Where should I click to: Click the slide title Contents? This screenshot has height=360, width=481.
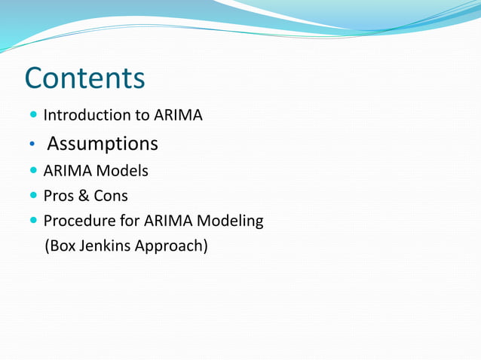[84, 78]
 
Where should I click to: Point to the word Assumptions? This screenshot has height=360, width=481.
[103, 143]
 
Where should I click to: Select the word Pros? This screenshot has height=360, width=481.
[57, 196]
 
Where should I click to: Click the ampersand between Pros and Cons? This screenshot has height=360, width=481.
[82, 196]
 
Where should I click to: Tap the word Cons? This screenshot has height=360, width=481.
[110, 196]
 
